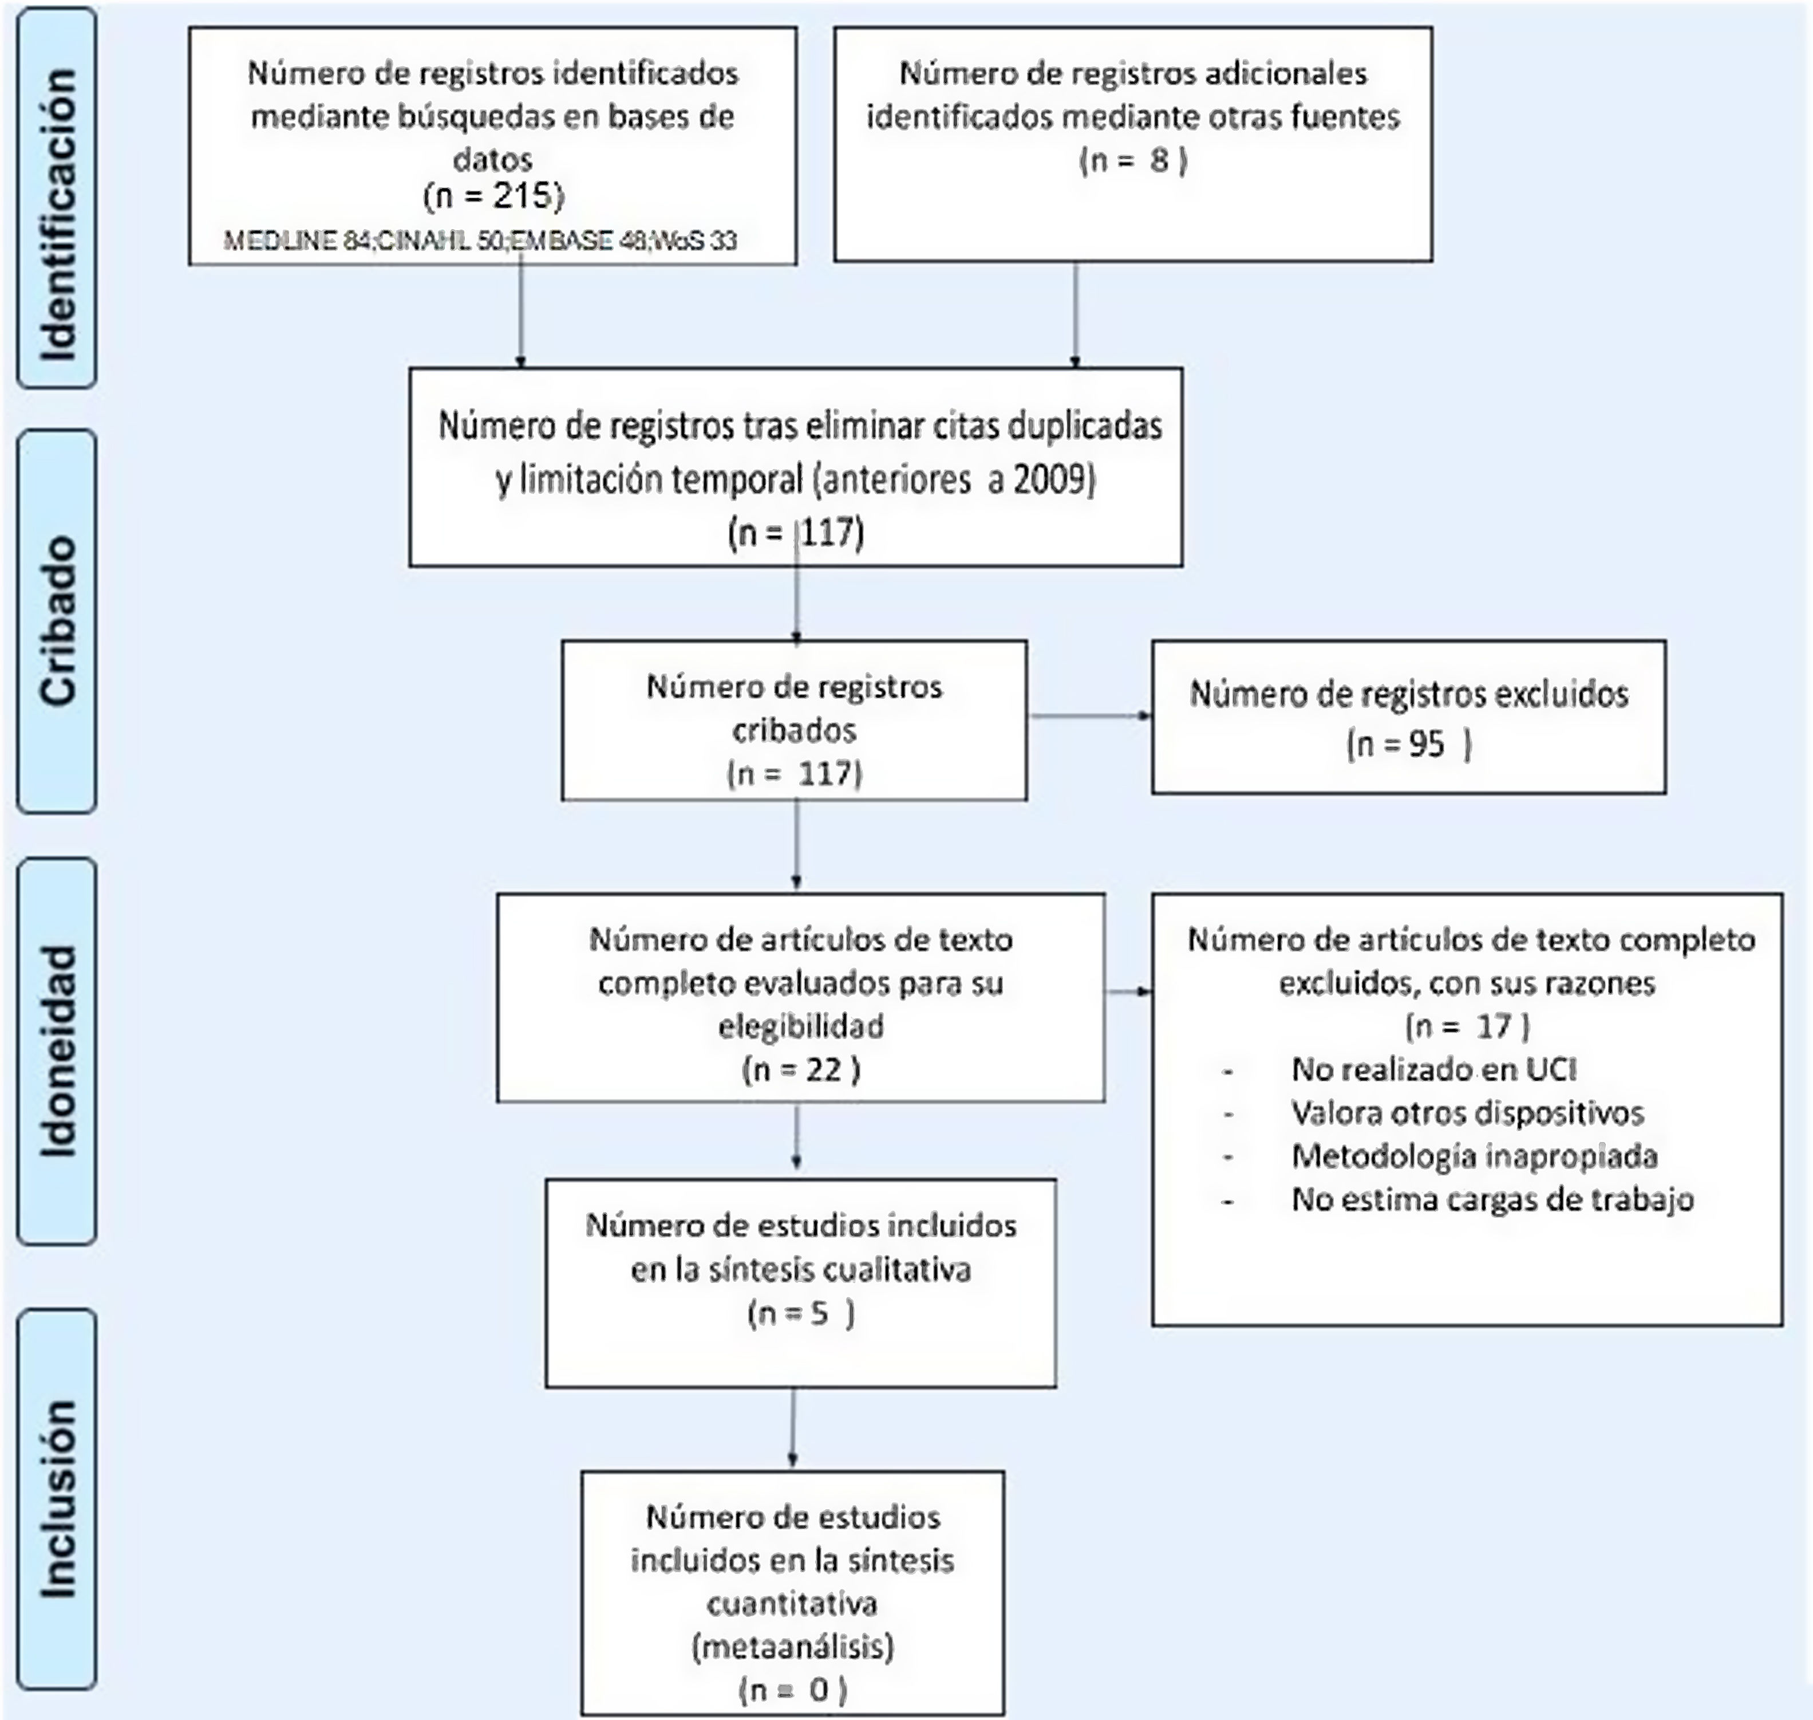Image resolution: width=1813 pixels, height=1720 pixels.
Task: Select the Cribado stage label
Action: coord(57,621)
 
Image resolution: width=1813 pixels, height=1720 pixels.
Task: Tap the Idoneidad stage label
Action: coord(57,1050)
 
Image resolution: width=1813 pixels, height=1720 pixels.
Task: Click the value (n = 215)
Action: coord(493,195)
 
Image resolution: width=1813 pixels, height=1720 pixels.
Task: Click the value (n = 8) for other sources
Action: coord(1133,162)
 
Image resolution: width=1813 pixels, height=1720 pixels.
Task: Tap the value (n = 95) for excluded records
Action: coord(1409,743)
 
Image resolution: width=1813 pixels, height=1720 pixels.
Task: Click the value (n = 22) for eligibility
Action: coord(800,1069)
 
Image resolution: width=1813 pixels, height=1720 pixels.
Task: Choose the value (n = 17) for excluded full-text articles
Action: coord(1467,1026)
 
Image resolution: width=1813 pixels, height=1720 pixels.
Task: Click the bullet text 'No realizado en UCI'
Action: coord(1433,1069)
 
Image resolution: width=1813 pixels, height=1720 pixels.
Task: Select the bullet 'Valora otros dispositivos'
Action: coord(1467,1112)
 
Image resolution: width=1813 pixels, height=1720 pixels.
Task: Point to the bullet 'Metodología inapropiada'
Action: coord(1474,1156)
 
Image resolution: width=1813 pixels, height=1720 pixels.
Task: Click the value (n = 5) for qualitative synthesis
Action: coord(800,1314)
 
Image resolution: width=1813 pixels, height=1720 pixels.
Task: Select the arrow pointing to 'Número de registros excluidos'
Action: coord(1091,715)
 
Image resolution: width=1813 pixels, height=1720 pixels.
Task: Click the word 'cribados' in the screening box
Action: coord(794,731)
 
